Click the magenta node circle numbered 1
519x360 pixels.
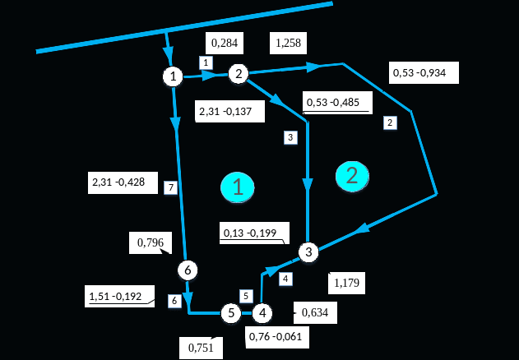[173, 76]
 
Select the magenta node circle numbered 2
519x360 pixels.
[239, 74]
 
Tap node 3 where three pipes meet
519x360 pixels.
[308, 252]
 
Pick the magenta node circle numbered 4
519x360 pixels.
[262, 313]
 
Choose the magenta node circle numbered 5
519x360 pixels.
[231, 313]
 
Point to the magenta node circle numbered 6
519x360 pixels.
[188, 270]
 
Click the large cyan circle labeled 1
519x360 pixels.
[238, 188]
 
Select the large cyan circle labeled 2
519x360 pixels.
[352, 175]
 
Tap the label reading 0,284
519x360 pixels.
[223, 43]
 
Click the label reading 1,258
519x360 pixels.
[288, 43]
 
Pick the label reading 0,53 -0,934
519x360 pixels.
[424, 72]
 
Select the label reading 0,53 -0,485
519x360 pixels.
[337, 102]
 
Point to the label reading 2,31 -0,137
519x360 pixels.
[229, 111]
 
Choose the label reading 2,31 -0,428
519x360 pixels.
[123, 182]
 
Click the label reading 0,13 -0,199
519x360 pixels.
[254, 233]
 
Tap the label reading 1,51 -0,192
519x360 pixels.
[119, 296]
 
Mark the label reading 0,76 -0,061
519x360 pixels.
[277, 337]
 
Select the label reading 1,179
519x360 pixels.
[346, 283]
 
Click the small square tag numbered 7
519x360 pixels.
[170, 187]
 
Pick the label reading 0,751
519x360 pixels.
[201, 348]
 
